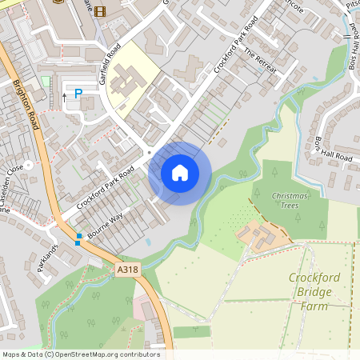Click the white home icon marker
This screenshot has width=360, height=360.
click(180, 173)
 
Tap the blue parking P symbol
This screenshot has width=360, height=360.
click(78, 94)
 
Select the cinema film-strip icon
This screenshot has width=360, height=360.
click(99, 11)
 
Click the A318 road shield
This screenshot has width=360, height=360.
click(127, 270)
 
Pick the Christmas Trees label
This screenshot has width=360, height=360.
click(289, 200)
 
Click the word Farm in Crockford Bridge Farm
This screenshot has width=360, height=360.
click(320, 306)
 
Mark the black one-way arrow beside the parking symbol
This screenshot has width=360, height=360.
click(65, 97)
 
